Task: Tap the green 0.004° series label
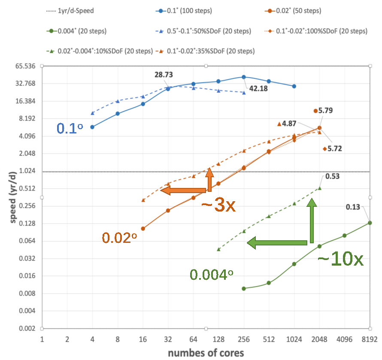(212, 274)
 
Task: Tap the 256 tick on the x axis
(244, 339)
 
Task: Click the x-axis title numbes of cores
(206, 353)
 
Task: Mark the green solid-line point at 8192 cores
(370, 223)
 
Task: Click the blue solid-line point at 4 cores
(92, 127)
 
